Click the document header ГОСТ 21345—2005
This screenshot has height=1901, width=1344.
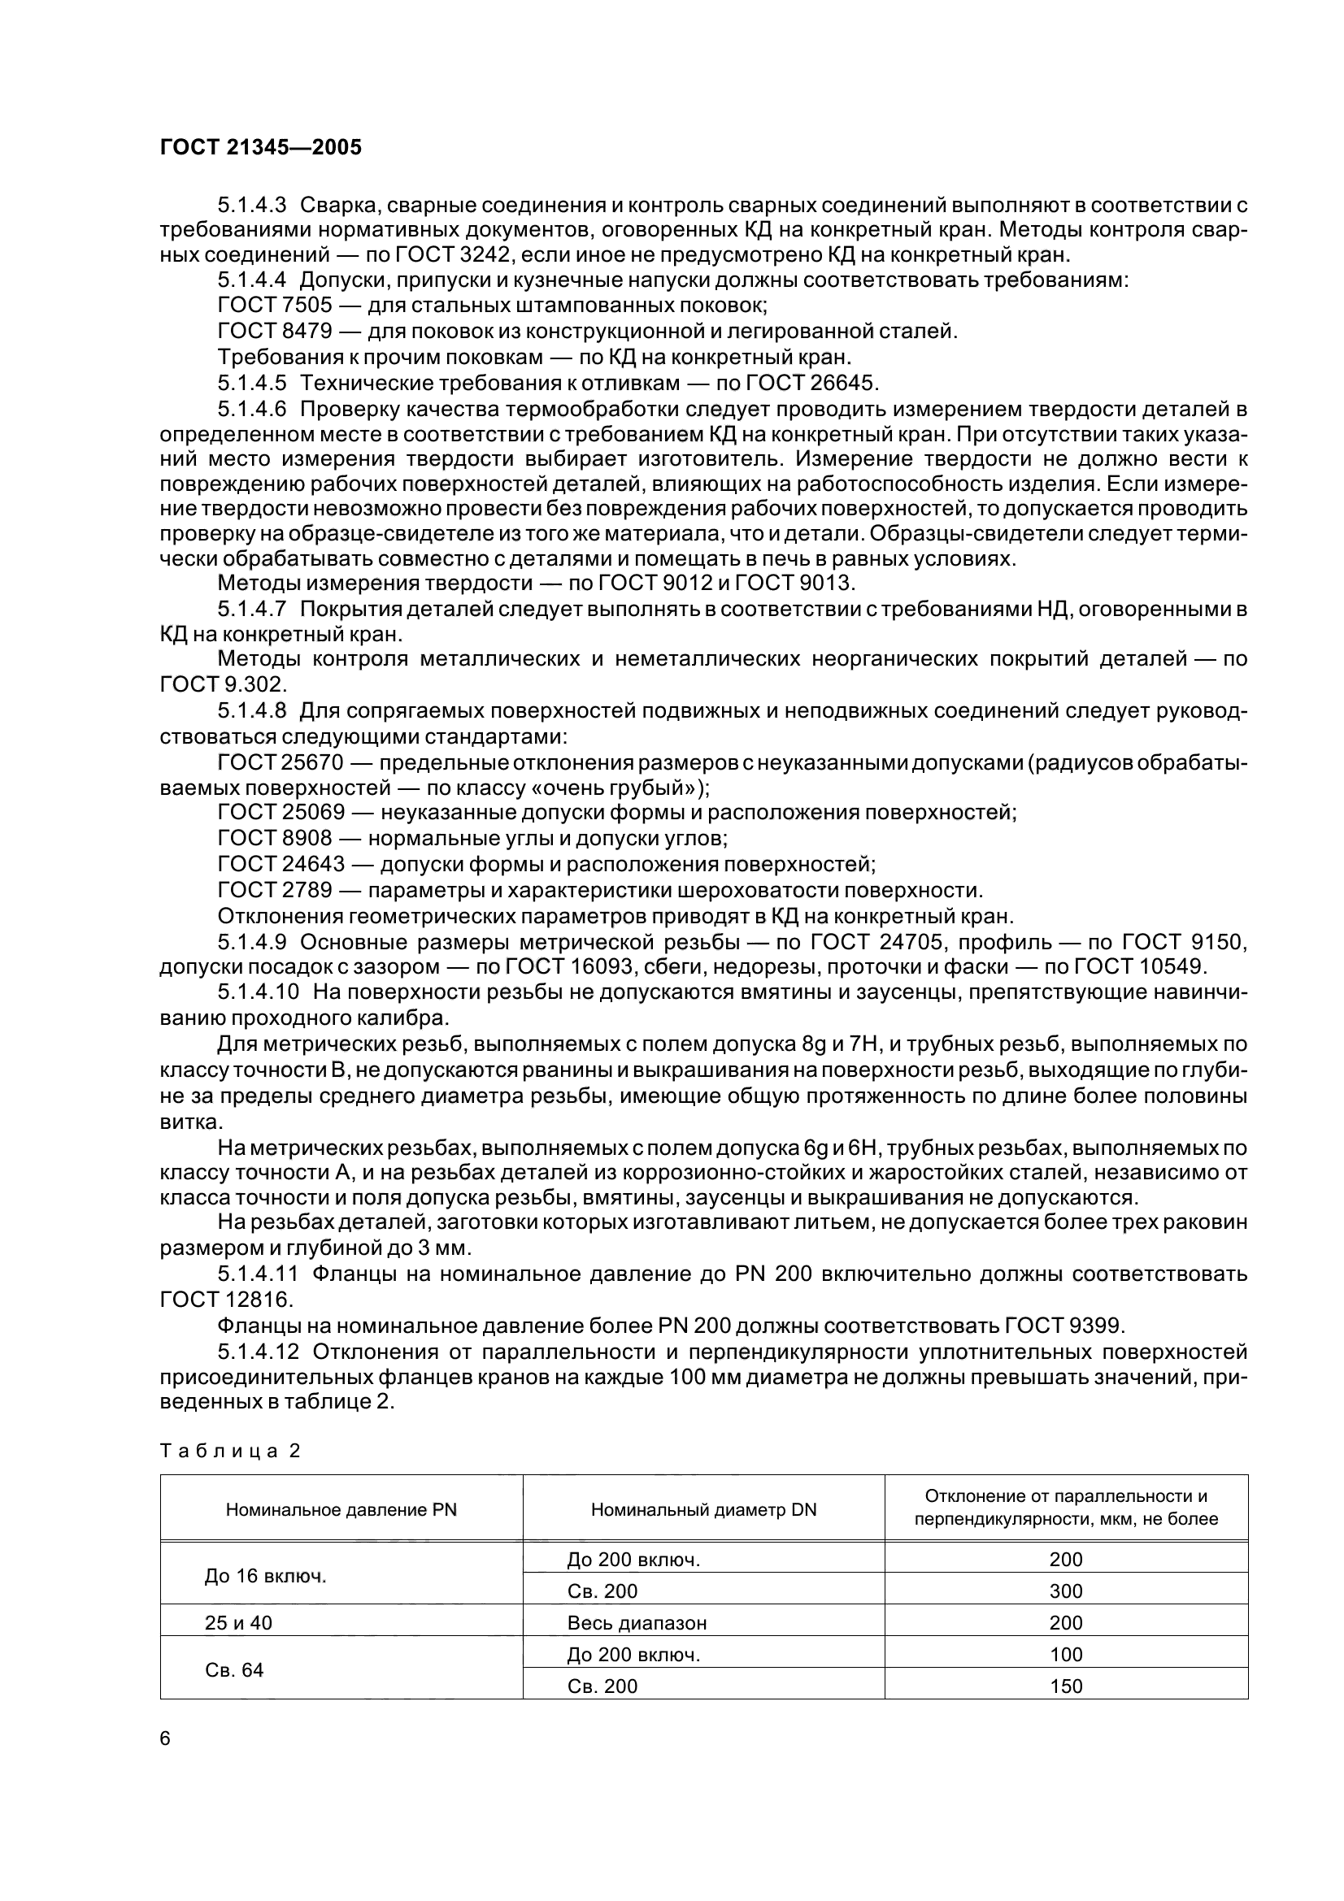[x=260, y=148]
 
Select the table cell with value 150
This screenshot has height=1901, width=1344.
[x=1065, y=1686]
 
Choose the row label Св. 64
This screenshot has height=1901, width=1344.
[x=234, y=1670]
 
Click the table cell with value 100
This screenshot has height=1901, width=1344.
[x=1065, y=1654]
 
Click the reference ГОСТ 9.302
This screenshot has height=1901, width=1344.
[x=222, y=684]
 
